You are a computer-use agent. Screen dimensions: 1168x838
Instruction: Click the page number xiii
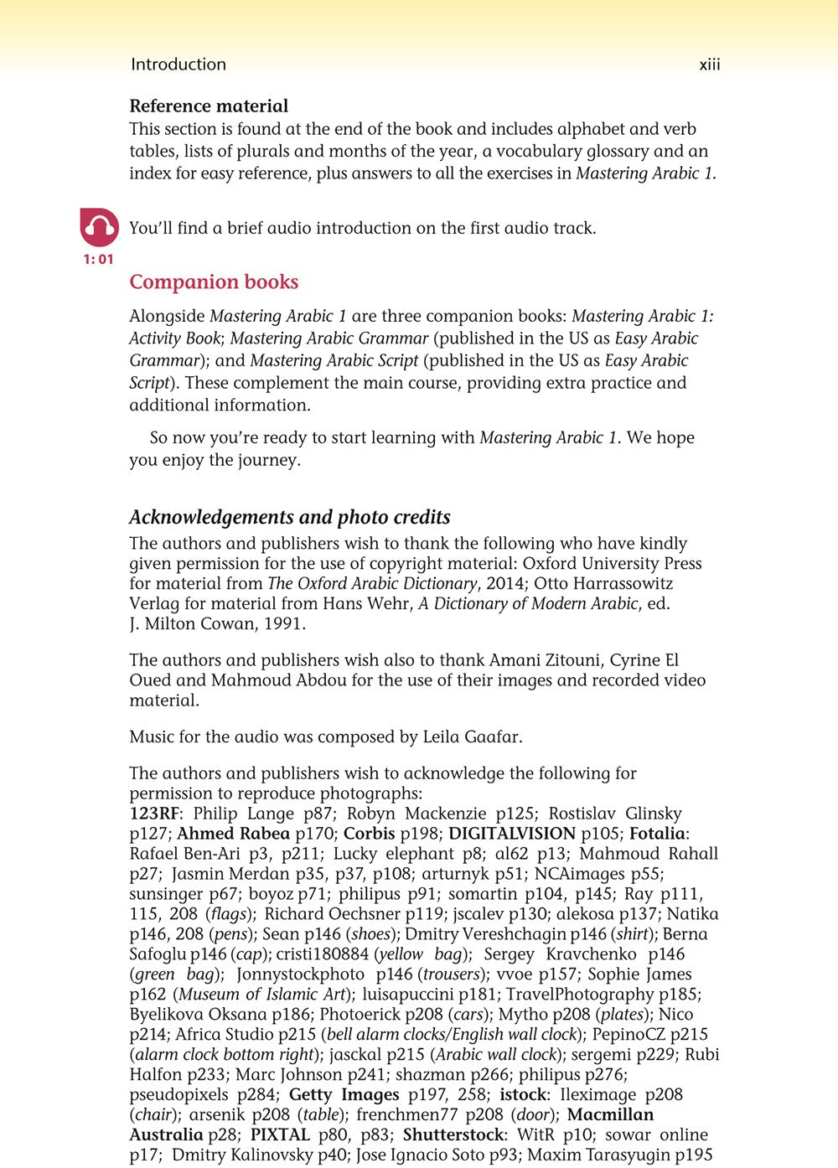(x=709, y=65)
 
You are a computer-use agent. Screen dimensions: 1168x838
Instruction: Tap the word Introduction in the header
(x=178, y=65)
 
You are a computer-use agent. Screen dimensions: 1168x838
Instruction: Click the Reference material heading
(x=209, y=106)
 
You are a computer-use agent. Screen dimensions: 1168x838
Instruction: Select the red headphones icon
(x=99, y=227)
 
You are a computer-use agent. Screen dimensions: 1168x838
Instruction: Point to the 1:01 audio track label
(x=98, y=260)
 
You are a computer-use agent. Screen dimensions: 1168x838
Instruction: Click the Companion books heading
(x=214, y=282)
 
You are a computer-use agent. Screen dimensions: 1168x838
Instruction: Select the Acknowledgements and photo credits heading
(x=290, y=517)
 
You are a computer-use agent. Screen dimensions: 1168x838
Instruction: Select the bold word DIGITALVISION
(x=512, y=834)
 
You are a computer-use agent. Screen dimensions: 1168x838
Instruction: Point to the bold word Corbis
(x=369, y=834)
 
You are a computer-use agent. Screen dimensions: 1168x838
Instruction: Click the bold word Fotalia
(x=658, y=834)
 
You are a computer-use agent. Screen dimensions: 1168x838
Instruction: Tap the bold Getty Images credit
(x=344, y=1095)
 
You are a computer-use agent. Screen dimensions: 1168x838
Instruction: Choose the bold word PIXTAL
(x=280, y=1135)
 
